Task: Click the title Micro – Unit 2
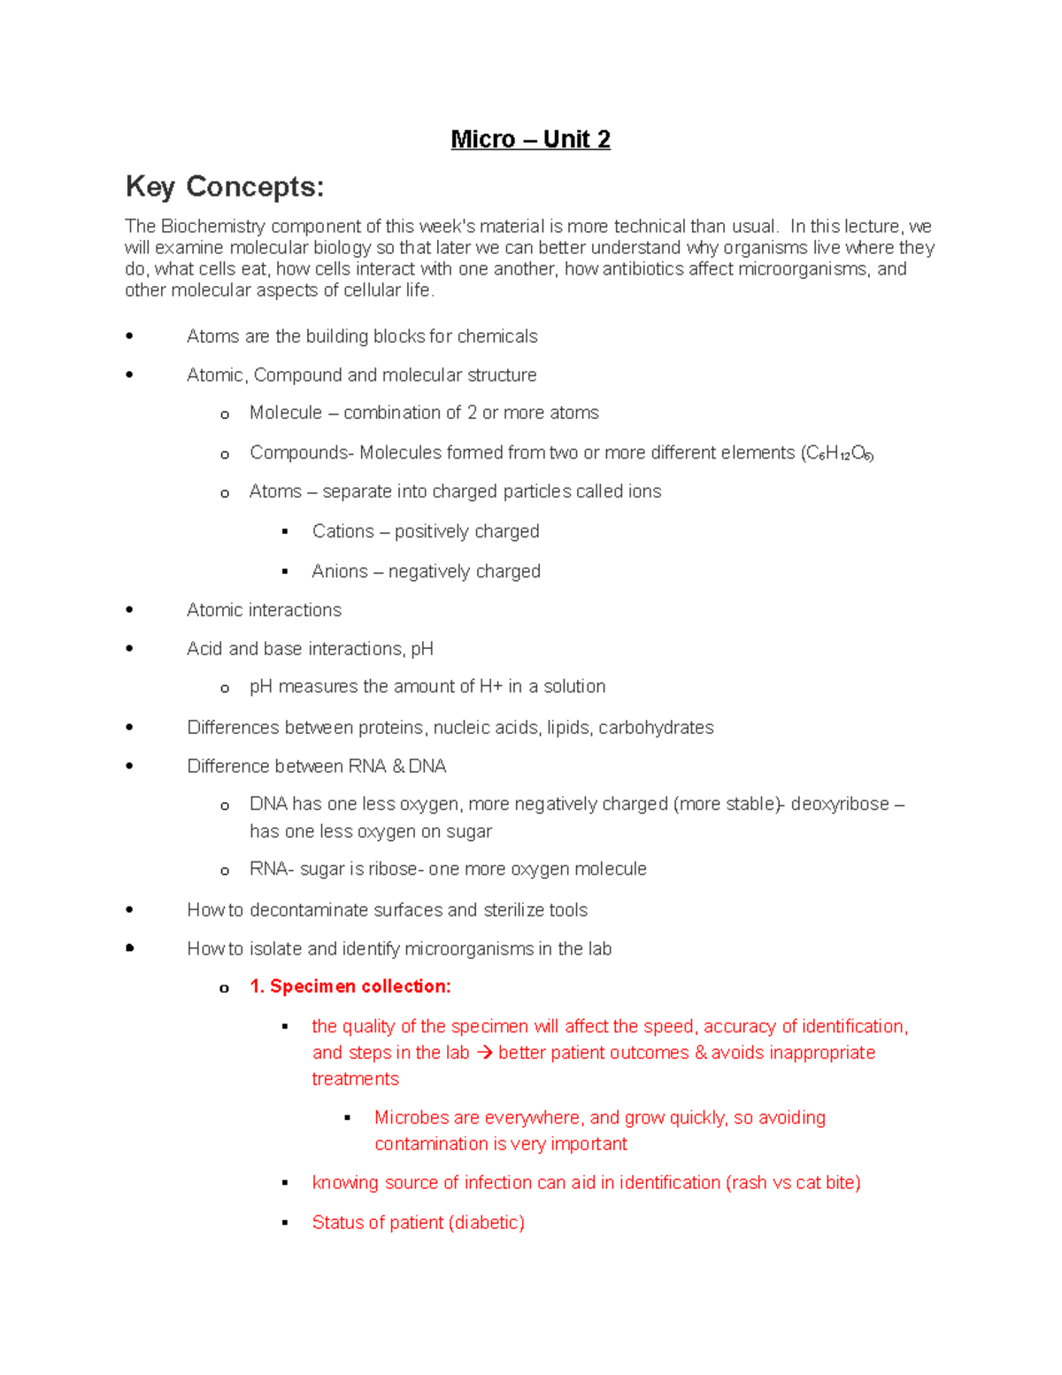(x=530, y=139)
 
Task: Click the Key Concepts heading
(x=225, y=187)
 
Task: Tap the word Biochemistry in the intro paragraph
(x=212, y=227)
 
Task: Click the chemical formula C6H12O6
(x=838, y=453)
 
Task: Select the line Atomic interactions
(x=264, y=610)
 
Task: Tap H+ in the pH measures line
(x=490, y=686)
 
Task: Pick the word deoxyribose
(x=840, y=804)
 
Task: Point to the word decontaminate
(x=311, y=910)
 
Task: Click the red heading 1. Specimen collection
(x=350, y=986)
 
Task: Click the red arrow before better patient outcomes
(x=484, y=1053)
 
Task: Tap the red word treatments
(x=355, y=1079)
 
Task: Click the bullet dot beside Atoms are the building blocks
(x=129, y=336)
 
